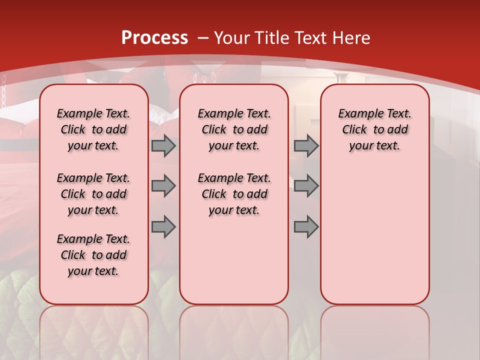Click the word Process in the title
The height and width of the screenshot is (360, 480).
pyautogui.click(x=154, y=37)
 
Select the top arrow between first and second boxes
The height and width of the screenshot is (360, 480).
pyautogui.click(x=163, y=146)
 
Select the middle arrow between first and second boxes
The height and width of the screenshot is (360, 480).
pyautogui.click(x=163, y=186)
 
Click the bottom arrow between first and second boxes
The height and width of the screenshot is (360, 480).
pyautogui.click(x=163, y=226)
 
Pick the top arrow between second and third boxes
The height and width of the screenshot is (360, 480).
pyautogui.click(x=306, y=146)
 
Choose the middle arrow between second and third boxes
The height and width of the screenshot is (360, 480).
pyautogui.click(x=306, y=186)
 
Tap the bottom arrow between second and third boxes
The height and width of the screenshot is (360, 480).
pyautogui.click(x=306, y=226)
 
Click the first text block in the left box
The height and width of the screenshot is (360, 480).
pyautogui.click(x=93, y=129)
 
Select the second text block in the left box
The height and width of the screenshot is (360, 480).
pyautogui.click(x=93, y=194)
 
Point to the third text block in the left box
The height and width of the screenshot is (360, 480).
pyautogui.click(x=93, y=255)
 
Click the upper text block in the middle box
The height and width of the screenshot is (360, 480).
pyautogui.click(x=234, y=129)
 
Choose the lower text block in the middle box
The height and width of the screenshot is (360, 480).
pyautogui.click(x=234, y=194)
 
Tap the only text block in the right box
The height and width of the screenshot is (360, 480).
pyautogui.click(x=374, y=129)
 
